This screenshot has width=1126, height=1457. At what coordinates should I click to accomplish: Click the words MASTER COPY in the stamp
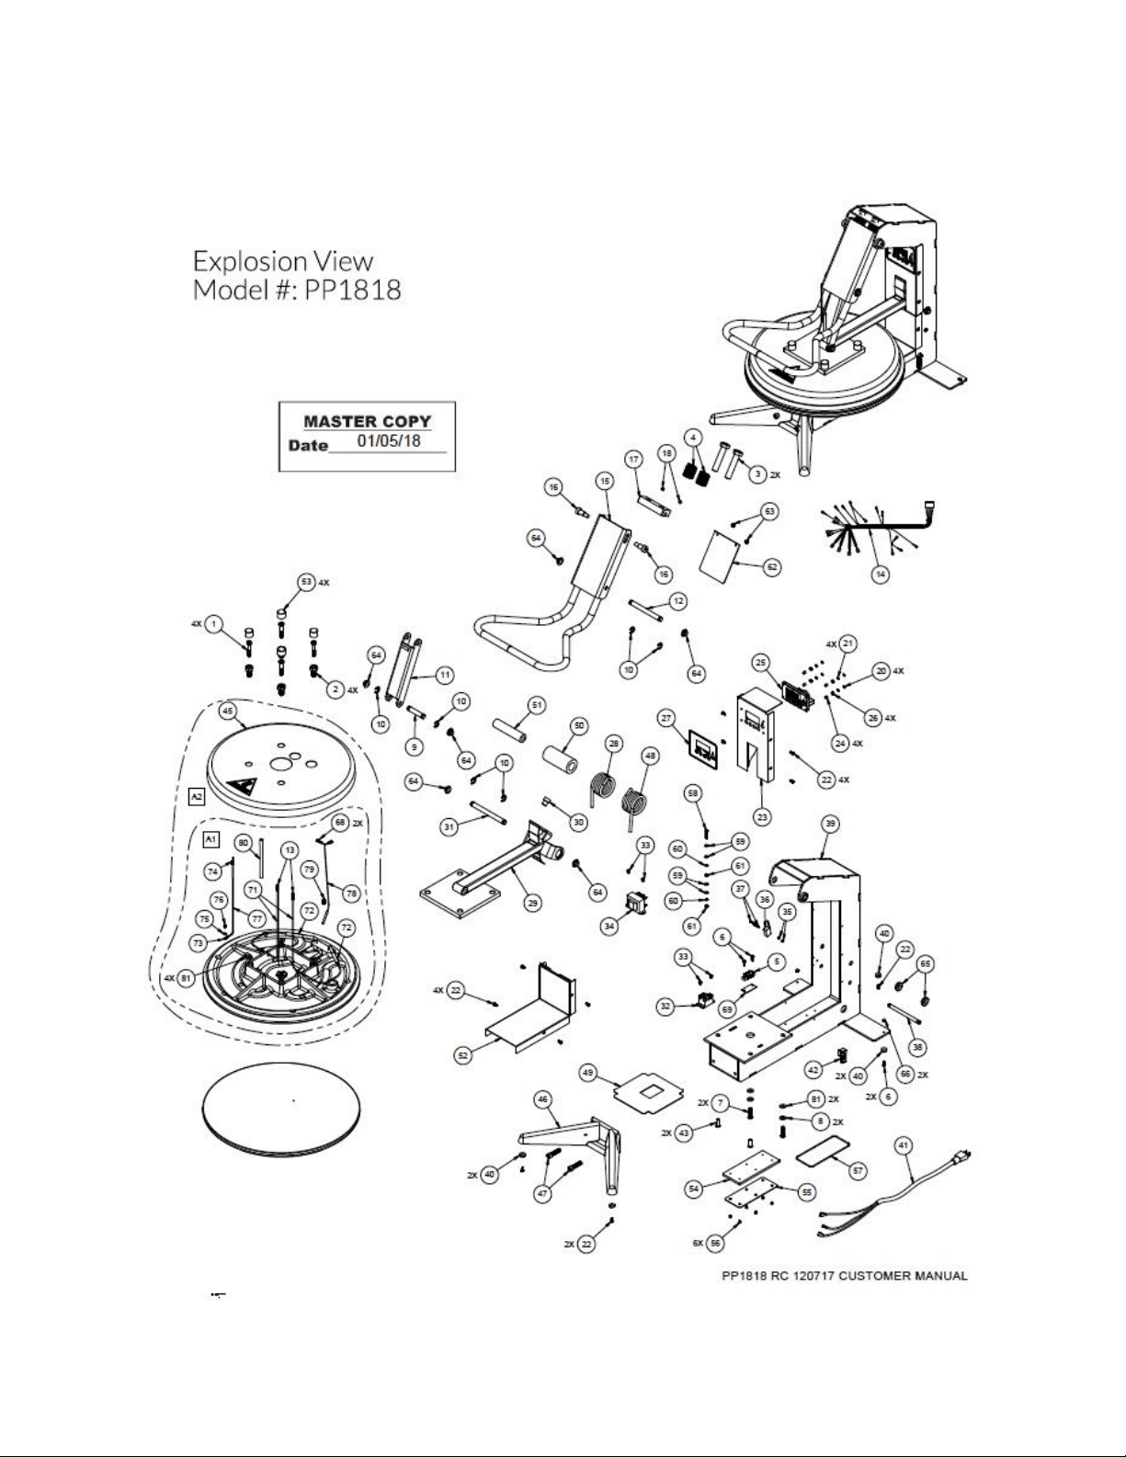click(367, 422)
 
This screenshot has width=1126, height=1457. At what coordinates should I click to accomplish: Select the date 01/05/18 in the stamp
click(389, 441)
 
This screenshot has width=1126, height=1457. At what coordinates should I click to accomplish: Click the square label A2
click(196, 796)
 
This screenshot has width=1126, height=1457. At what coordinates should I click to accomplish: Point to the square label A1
click(210, 839)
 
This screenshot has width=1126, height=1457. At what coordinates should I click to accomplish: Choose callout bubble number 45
click(227, 711)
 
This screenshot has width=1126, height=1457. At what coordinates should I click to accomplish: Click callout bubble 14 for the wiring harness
click(880, 575)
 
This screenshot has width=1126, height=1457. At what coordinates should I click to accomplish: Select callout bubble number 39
click(829, 824)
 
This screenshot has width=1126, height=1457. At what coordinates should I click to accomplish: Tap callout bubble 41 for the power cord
click(904, 1144)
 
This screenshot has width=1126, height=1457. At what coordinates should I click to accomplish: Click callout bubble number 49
click(589, 1072)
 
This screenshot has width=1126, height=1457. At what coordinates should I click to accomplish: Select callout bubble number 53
click(307, 582)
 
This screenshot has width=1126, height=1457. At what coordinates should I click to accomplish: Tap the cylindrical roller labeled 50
click(561, 760)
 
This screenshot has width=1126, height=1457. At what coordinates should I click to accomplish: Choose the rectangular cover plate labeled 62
click(722, 553)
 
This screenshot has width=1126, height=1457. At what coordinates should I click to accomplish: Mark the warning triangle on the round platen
click(244, 788)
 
